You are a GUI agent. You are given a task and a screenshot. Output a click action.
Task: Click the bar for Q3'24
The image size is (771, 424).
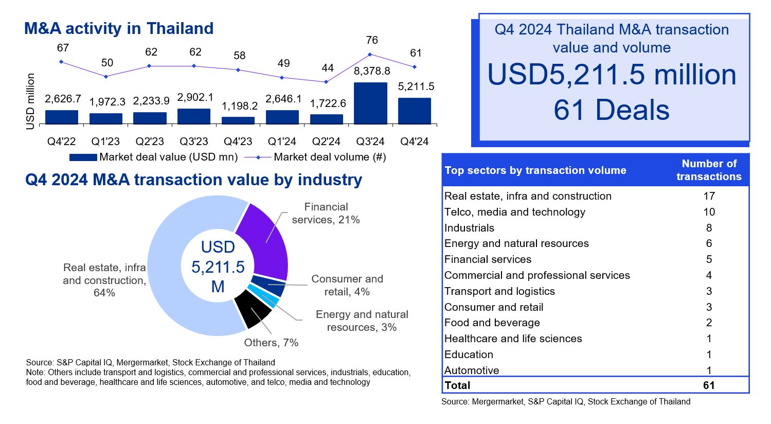tap(370, 103)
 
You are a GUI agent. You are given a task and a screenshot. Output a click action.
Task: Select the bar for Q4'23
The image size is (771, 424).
tap(238, 120)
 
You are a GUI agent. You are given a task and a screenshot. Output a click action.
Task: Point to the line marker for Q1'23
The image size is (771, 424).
tap(106, 77)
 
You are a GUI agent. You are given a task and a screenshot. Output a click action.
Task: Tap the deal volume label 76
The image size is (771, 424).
tap(372, 40)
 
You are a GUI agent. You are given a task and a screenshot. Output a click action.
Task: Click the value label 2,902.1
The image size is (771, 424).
tap(195, 97)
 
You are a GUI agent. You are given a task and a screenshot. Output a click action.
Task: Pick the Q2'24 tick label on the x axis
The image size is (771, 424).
tap(326, 142)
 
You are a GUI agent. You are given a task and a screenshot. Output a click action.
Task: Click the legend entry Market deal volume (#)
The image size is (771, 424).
tap(329, 157)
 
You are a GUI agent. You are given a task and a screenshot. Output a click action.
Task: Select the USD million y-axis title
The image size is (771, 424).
tap(30, 101)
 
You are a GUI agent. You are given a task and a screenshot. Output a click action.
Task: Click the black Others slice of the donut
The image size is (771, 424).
tap(252, 308)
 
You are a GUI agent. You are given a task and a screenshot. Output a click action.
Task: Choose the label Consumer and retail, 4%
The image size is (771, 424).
tap(347, 285)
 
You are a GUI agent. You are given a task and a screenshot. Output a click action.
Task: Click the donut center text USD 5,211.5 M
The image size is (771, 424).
tap(218, 267)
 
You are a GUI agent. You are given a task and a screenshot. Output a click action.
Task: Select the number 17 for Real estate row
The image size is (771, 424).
tap(709, 196)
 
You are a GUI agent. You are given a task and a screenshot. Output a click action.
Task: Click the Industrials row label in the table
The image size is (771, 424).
tap(469, 228)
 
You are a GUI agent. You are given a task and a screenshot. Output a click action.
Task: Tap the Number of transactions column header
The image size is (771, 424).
tap(709, 170)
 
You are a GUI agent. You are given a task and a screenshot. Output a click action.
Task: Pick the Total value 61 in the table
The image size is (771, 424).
tap(709, 385)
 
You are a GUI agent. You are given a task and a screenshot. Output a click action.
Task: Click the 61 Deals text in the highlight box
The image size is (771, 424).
tap(612, 110)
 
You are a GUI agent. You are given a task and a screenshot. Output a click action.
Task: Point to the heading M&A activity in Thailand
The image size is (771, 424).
tap(119, 28)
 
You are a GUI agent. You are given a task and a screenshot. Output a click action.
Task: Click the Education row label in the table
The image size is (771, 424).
tap(469, 355)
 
